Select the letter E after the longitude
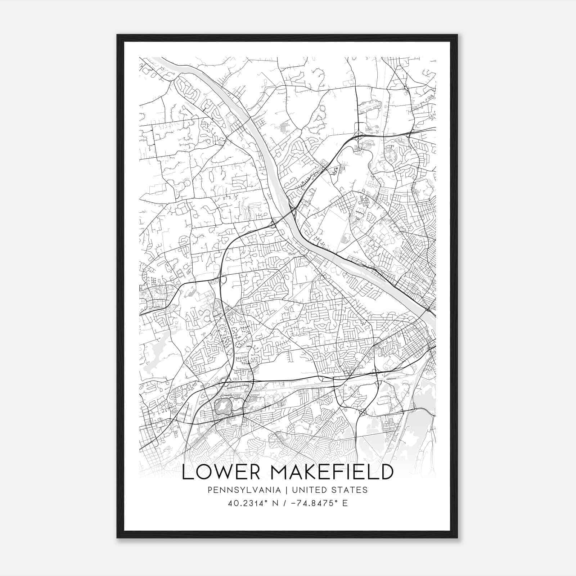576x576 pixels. pyautogui.click(x=345, y=503)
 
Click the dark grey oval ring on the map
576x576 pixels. pyautogui.click(x=223, y=406)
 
